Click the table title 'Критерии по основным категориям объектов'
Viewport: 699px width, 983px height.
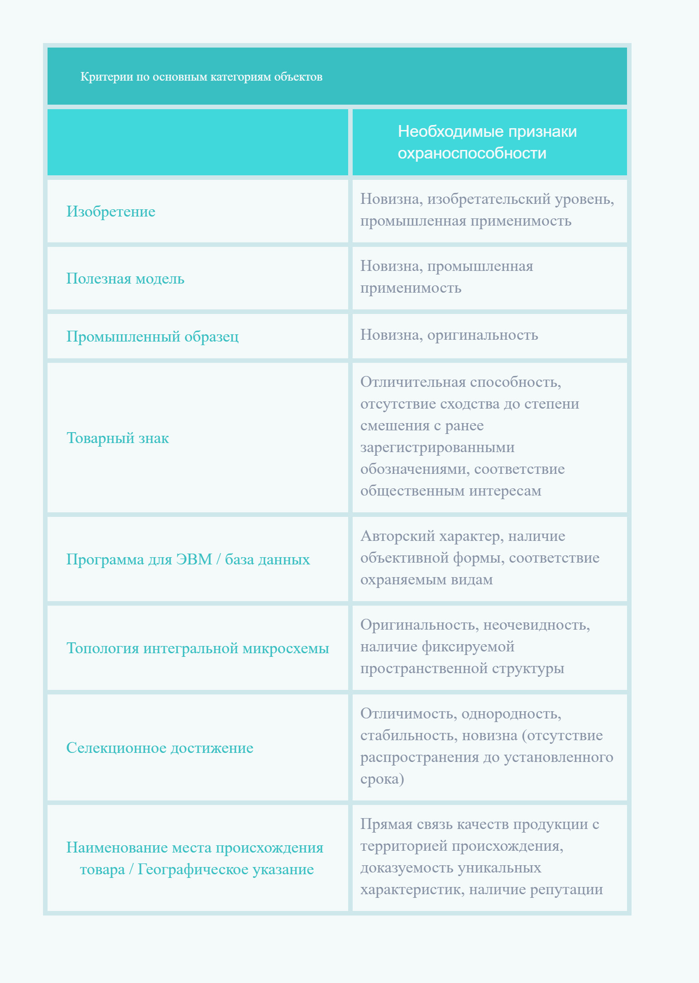click(201, 77)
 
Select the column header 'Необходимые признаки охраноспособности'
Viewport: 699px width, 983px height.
click(487, 142)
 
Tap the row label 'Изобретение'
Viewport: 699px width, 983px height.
click(111, 212)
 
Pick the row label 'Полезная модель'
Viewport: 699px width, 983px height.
click(125, 279)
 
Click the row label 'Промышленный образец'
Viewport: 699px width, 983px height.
click(153, 337)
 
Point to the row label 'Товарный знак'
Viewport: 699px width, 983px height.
click(118, 438)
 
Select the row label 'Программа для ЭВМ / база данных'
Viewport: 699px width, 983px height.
click(188, 559)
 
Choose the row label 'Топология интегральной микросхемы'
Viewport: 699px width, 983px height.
click(198, 648)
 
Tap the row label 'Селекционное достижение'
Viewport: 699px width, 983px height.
click(160, 748)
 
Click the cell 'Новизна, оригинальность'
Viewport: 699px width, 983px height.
click(449, 335)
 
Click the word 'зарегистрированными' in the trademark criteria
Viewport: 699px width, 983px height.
click(437, 448)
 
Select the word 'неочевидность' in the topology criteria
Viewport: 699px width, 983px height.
click(536, 625)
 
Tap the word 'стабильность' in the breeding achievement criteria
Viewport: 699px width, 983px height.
click(409, 736)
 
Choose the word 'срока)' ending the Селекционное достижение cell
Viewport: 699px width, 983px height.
click(382, 779)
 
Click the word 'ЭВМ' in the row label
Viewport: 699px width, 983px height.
click(194, 559)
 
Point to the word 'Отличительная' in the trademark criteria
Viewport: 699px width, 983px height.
click(413, 382)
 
